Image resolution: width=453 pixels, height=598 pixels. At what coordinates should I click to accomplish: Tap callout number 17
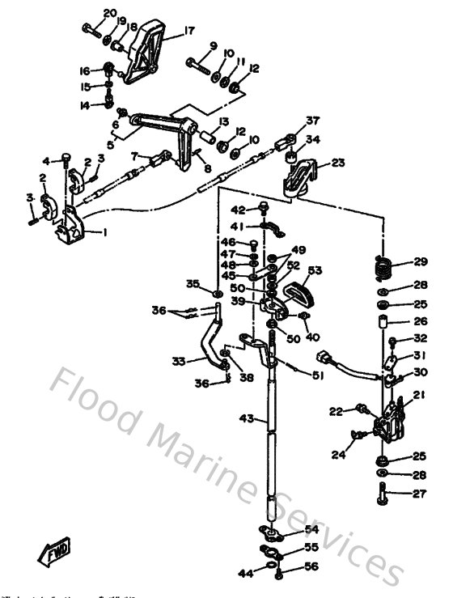189,32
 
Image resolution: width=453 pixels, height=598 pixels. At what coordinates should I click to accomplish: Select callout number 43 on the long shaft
248,418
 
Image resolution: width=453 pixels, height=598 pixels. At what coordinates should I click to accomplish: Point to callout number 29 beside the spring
420,261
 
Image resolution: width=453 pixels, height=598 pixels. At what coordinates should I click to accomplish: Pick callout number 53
315,270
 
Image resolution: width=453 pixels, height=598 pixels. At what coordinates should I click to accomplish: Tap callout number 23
337,162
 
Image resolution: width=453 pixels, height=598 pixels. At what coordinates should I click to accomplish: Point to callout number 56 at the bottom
311,566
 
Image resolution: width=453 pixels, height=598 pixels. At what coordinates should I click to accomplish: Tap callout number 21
419,394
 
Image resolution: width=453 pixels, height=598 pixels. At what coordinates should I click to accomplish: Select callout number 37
313,121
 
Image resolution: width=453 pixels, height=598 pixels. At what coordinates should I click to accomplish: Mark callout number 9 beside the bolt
213,45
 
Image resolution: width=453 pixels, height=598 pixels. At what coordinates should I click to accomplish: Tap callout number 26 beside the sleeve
420,321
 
